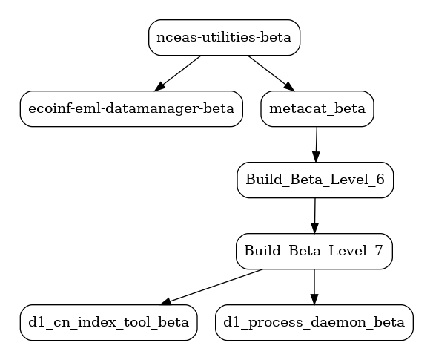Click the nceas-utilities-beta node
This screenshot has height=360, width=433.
(224, 38)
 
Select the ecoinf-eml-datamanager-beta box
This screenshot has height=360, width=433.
(131, 109)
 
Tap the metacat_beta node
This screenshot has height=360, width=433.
(317, 109)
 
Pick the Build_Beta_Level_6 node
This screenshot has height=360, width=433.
(315, 180)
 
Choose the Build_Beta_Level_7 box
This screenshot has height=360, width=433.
(314, 252)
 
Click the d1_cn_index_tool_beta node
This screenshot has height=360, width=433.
(109, 323)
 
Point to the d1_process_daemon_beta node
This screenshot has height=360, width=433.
(314, 323)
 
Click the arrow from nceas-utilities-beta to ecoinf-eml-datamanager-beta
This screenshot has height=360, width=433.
(178, 73)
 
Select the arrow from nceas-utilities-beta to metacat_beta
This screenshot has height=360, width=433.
(271, 73)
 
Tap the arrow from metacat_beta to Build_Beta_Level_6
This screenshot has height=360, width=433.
(317, 145)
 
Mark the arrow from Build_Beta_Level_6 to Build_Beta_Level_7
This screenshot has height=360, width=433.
(315, 216)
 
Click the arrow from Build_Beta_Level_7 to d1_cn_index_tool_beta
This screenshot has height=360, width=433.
(211, 287)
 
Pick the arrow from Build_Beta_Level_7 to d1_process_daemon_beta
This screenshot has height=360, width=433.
(314, 287)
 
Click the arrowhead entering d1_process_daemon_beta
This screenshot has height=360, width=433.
(314, 299)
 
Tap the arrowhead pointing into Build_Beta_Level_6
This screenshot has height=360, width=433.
(316, 157)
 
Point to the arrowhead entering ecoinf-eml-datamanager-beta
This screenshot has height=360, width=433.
(159, 87)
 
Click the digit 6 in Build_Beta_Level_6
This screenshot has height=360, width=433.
(380, 179)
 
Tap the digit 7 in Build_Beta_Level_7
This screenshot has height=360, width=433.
(379, 250)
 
